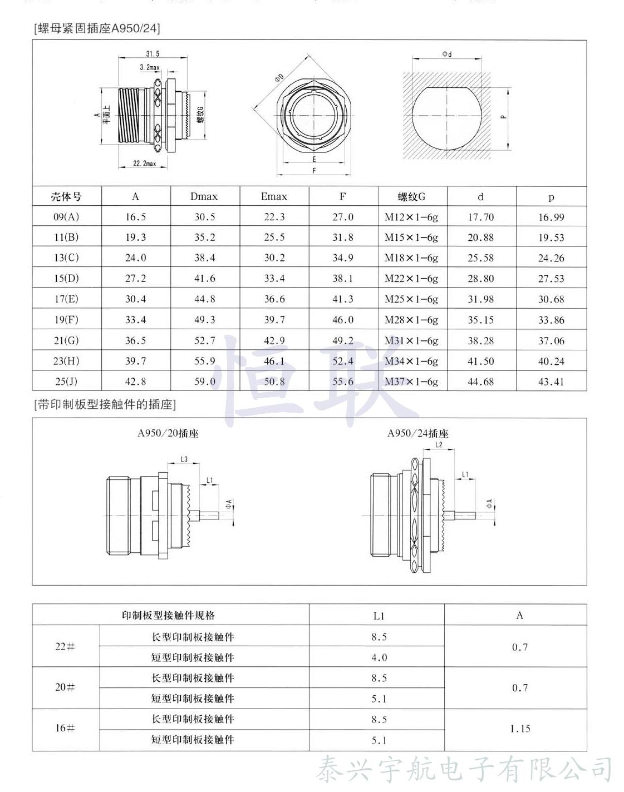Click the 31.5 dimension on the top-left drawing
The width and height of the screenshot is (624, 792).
[x=153, y=54]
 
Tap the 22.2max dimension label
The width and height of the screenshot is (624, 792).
[x=144, y=164]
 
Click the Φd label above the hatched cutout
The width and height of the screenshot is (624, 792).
[x=447, y=54]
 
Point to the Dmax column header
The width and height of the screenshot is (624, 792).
[x=204, y=196]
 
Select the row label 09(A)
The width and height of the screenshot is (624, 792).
[x=66, y=217]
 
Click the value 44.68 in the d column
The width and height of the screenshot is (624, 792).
[x=480, y=382]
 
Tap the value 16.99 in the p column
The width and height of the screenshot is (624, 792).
[x=551, y=217]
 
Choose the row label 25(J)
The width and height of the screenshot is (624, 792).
[x=66, y=382]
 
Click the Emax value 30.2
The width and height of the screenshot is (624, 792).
[x=274, y=258]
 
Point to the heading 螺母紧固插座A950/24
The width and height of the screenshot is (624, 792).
[x=97, y=28]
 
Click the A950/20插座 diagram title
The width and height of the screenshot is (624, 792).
[x=168, y=433]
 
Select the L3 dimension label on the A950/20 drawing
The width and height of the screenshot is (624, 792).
[x=184, y=459]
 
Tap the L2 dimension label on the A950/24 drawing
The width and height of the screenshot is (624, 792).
[x=439, y=444]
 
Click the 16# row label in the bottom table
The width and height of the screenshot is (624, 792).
[x=65, y=728]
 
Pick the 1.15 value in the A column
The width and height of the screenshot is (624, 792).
[x=520, y=729]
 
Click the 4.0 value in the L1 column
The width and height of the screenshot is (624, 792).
[x=379, y=657]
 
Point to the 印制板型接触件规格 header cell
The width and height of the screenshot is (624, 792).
[x=168, y=615]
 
